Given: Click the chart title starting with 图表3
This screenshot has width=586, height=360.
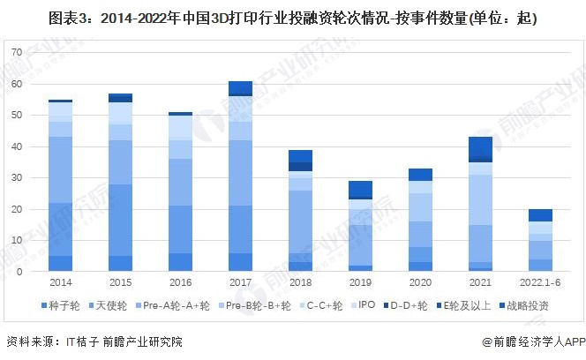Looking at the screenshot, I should [292, 18].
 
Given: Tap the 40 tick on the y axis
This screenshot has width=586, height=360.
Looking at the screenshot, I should [15, 146].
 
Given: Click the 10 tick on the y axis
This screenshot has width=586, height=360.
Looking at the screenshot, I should [15, 240].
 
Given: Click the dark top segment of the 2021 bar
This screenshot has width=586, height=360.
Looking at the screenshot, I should [481, 146].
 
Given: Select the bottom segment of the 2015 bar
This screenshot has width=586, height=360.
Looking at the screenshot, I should [120, 263].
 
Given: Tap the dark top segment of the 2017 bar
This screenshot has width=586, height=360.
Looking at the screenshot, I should [240, 87].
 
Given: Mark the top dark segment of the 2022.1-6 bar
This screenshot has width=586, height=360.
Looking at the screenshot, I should [541, 215].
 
